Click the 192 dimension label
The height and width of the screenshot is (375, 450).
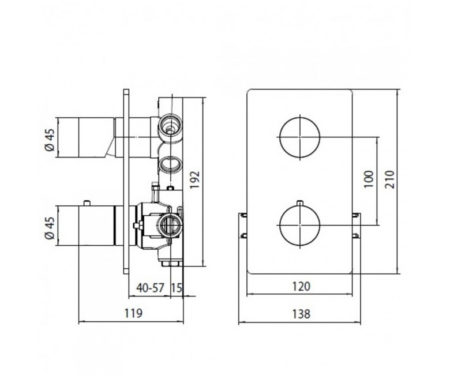(x=194, y=180)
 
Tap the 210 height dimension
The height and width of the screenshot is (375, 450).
(x=390, y=179)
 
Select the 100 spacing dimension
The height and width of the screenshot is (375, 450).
(x=369, y=179)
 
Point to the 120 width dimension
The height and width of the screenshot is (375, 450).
(x=301, y=286)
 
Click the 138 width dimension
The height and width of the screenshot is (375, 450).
(x=301, y=314)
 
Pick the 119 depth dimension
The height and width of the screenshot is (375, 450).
(x=133, y=313)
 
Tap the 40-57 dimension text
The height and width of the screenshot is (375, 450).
(x=150, y=287)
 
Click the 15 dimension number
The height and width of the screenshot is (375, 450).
(x=177, y=287)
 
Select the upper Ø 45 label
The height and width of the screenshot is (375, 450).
(x=50, y=140)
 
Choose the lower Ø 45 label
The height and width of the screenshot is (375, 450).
(x=50, y=228)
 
